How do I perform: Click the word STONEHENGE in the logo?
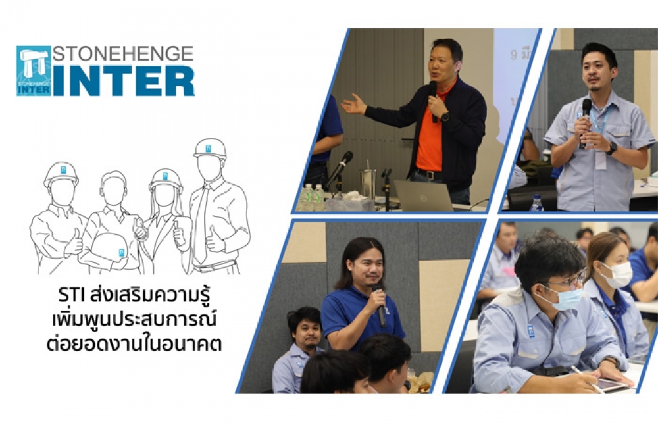point(123,54)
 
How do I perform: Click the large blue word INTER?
point(124,82)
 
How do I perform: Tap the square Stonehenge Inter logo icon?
point(34,71)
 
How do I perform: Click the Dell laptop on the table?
point(423,195)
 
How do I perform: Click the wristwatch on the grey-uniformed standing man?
point(611,148)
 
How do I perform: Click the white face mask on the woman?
point(617,274)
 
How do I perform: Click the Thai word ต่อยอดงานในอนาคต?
point(134,343)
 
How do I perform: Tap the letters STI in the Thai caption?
point(72,295)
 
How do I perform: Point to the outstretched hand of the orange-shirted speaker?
point(353,105)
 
